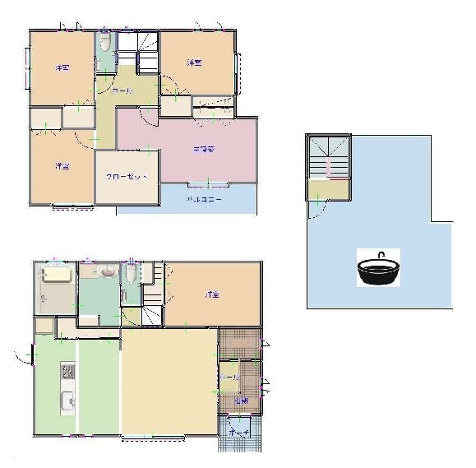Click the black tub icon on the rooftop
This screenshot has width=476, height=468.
point(379,269)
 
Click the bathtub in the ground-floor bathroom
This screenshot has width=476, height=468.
point(56,274)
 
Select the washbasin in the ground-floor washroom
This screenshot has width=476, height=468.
point(109,271)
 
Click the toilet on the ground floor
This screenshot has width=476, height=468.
point(132,274)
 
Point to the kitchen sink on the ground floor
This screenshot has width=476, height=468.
point(67,402)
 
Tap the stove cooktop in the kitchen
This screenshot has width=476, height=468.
point(67,373)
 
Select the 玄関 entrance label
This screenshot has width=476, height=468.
point(240,401)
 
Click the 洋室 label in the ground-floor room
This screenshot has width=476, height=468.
point(212,294)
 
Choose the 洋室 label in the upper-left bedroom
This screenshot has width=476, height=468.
point(61,67)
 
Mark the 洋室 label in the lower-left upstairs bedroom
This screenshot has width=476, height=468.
point(62,167)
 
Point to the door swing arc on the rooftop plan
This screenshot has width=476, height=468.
point(313,211)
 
